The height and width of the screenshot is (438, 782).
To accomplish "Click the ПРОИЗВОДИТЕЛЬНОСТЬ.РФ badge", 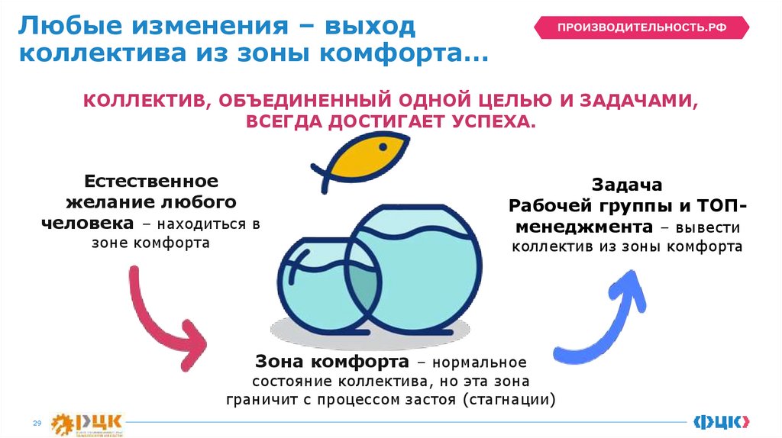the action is (x=641, y=27).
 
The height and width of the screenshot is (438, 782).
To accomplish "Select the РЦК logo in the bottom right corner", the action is (x=721, y=421).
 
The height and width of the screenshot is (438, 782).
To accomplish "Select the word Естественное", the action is (x=151, y=182).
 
